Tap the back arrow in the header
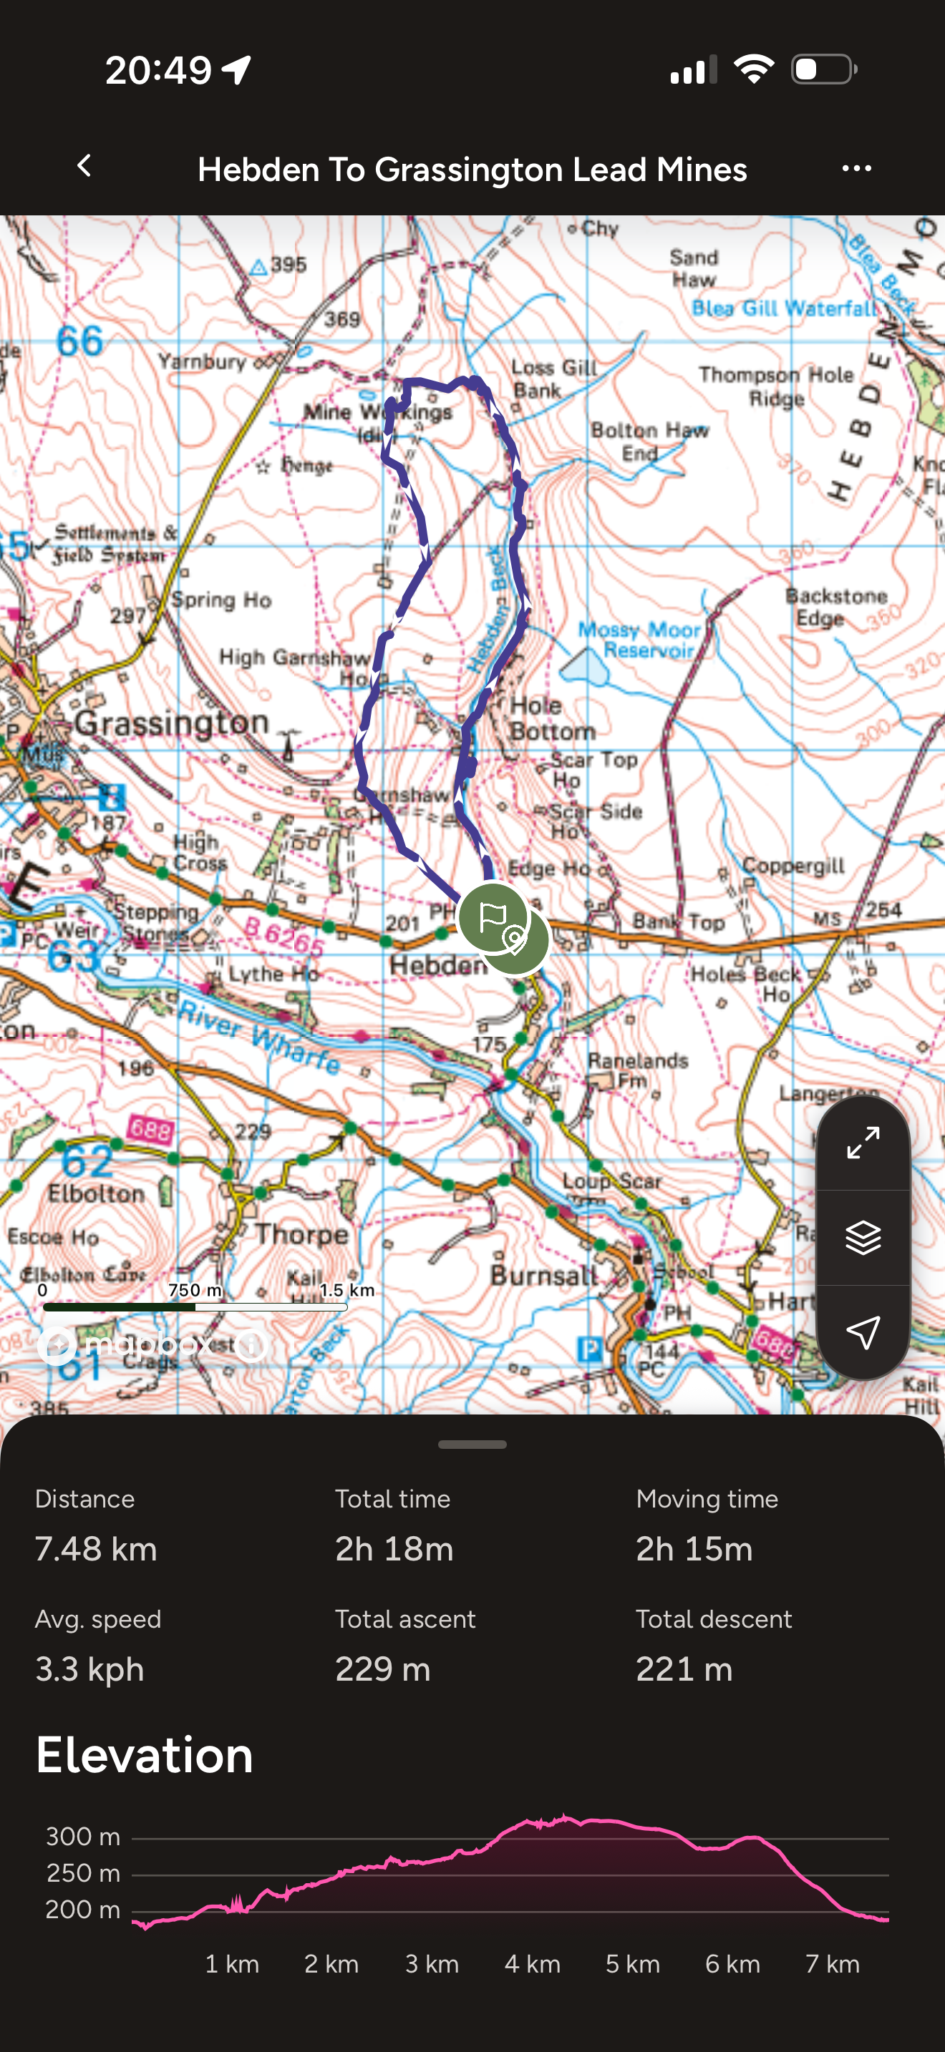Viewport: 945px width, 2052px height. pos(84,167)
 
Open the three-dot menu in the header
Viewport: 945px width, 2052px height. pos(856,168)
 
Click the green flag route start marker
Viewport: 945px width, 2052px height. pos(493,917)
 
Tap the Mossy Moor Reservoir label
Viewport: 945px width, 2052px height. pos(639,640)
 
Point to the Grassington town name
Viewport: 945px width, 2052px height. pos(172,723)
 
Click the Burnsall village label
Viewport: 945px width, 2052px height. pos(544,1274)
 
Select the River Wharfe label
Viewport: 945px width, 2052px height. pos(260,1036)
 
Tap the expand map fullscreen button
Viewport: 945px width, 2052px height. pos(863,1143)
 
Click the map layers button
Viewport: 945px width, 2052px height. pos(863,1237)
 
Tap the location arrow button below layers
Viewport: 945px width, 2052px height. pos(863,1332)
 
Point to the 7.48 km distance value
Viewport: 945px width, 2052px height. pos(97,1548)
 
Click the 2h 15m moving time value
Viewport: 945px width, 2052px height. pos(694,1548)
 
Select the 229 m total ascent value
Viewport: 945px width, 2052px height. pos(382,1669)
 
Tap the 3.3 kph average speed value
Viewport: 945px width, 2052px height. pos(90,1669)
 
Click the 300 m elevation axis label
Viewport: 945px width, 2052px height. pos(83,1836)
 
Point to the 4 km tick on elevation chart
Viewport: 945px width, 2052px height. pos(531,1963)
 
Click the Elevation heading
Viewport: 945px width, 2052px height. pos(144,1755)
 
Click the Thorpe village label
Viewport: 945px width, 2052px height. pos(301,1234)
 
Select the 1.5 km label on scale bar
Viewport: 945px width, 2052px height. pos(346,1290)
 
